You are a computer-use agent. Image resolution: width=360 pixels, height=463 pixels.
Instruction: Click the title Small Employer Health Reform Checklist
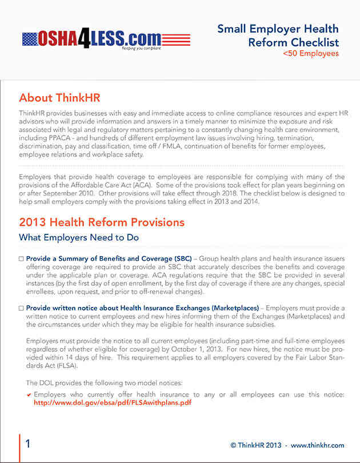click(x=278, y=35)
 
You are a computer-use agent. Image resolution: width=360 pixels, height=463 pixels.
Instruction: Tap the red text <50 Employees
click(x=311, y=54)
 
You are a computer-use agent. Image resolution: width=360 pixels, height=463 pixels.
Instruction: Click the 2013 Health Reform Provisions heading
click(x=102, y=222)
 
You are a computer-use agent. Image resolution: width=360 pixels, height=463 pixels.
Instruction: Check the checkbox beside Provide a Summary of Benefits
click(x=22, y=259)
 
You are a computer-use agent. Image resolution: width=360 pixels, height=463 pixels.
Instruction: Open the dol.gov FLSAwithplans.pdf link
click(x=113, y=402)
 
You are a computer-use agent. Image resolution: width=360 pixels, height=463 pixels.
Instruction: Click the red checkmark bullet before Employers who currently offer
click(x=29, y=394)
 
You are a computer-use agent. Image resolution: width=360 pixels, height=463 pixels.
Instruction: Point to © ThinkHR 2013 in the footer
click(x=257, y=445)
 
